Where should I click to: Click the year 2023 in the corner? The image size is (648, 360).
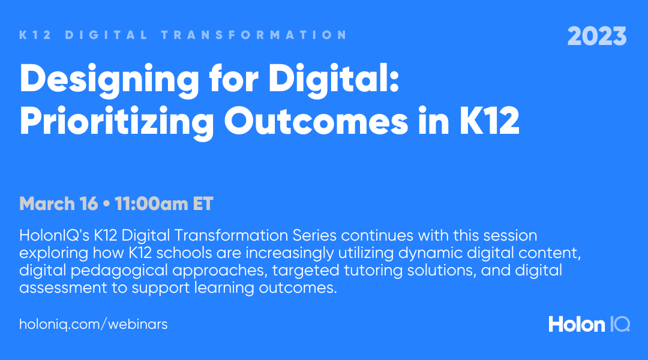click(x=597, y=37)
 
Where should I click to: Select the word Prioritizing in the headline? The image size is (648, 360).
click(x=116, y=122)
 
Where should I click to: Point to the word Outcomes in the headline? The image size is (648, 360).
click(x=316, y=121)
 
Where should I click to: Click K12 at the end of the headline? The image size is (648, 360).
click(x=490, y=121)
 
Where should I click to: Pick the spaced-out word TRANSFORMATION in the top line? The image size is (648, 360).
click(x=254, y=35)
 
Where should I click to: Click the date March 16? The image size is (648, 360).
click(x=59, y=204)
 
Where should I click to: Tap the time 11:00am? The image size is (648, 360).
click(x=151, y=204)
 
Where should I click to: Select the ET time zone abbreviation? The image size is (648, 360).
click(x=203, y=204)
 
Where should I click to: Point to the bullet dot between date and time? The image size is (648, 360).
click(x=107, y=204)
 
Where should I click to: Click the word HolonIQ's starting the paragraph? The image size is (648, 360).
click(x=54, y=236)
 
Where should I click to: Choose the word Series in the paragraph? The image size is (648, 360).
click(x=314, y=236)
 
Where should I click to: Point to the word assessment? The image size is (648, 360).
click(x=63, y=288)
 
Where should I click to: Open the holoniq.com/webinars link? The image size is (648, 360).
click(x=94, y=324)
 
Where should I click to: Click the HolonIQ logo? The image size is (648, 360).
click(x=589, y=325)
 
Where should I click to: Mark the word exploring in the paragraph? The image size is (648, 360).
click(x=54, y=253)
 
